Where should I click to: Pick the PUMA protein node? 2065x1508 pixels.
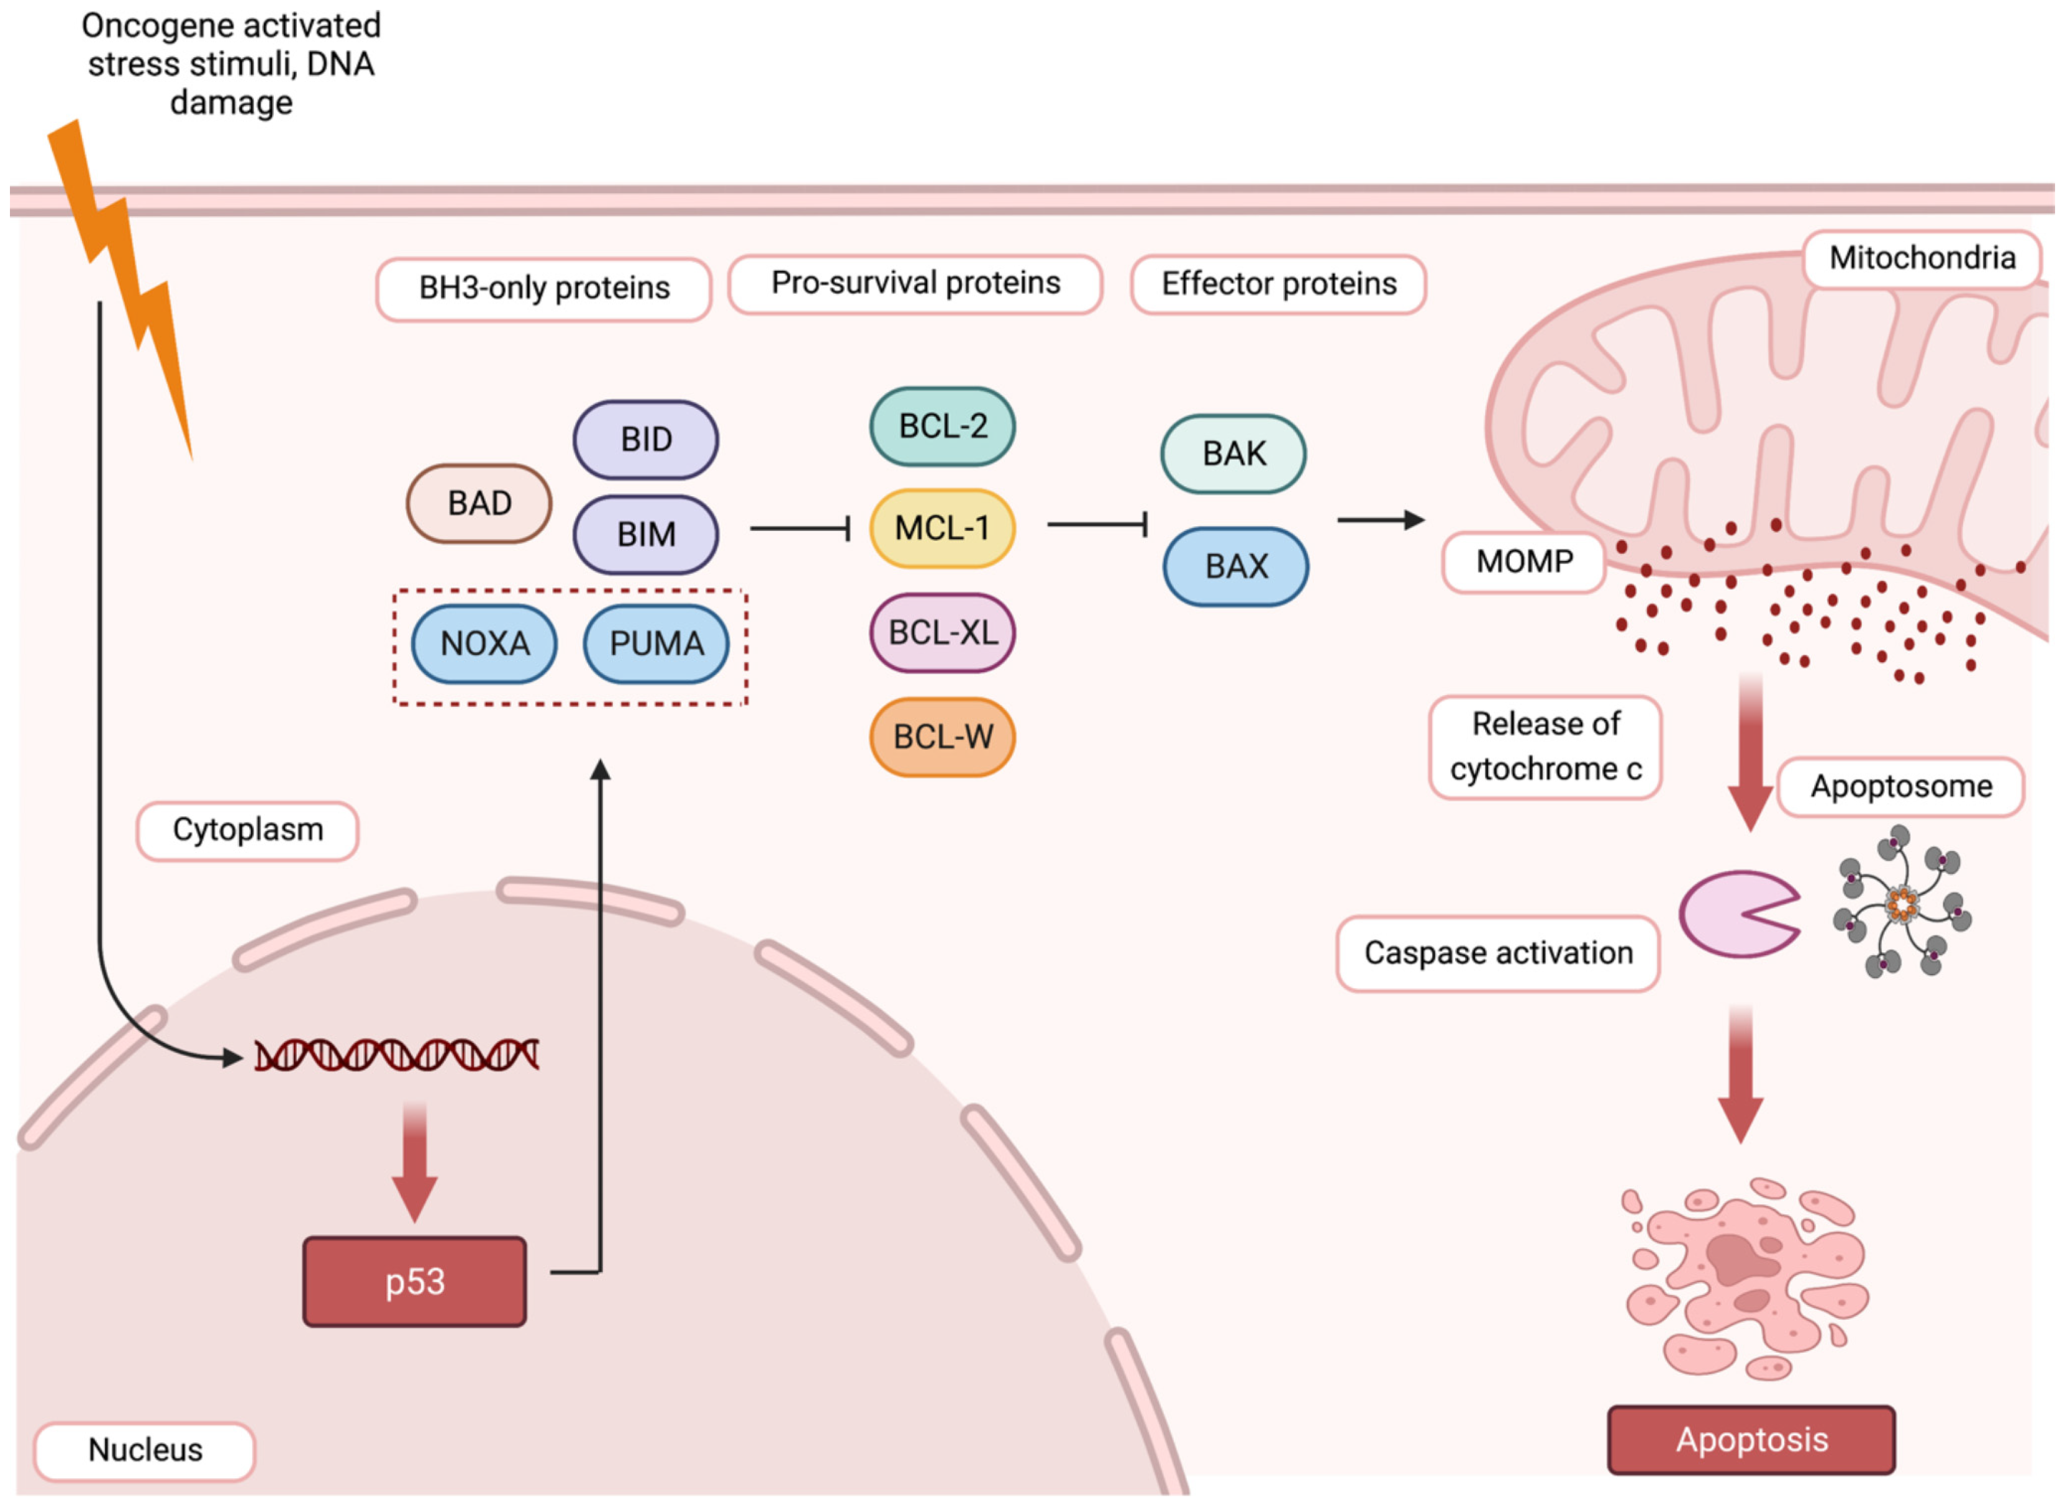point(656,643)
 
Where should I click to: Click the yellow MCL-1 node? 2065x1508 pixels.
point(942,529)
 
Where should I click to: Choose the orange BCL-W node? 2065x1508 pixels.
point(942,737)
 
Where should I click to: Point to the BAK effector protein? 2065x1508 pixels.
point(1233,453)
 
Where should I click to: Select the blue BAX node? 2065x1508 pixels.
point(1236,566)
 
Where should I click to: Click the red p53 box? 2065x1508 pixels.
point(414,1282)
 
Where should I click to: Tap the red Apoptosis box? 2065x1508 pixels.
point(1751,1440)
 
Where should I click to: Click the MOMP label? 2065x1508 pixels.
point(1523,561)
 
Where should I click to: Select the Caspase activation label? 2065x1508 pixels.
point(1498,953)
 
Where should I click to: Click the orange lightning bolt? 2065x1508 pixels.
point(123,283)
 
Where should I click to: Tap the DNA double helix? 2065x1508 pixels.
point(396,1055)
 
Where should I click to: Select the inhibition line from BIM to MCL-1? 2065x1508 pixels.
point(801,528)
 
